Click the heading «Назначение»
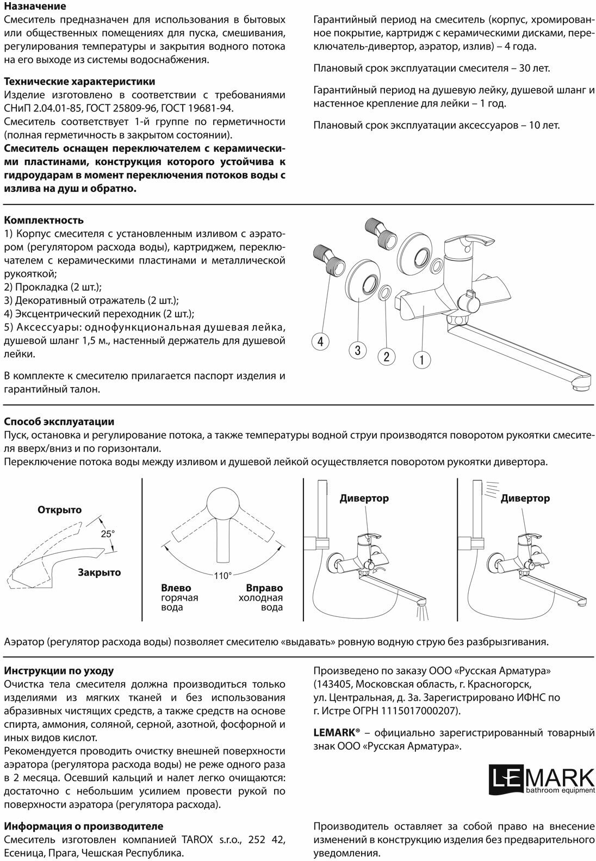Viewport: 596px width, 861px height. point(35,7)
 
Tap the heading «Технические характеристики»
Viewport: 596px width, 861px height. point(79,82)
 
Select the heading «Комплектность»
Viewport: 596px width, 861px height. point(44,220)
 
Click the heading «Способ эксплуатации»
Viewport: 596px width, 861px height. point(59,422)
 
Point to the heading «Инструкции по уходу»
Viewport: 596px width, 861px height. point(59,671)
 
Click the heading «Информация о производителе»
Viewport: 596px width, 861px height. point(84,826)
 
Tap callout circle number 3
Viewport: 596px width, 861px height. point(358,351)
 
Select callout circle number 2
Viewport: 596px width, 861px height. point(386,357)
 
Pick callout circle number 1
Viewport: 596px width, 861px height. point(422,359)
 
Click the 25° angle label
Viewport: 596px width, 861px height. point(107,534)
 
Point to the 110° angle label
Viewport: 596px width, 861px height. point(222,576)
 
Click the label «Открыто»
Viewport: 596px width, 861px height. point(59,510)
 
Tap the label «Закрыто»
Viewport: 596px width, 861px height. point(99,572)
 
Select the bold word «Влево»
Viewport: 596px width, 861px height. point(176,588)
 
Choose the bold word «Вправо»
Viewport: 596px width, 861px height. point(264,588)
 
